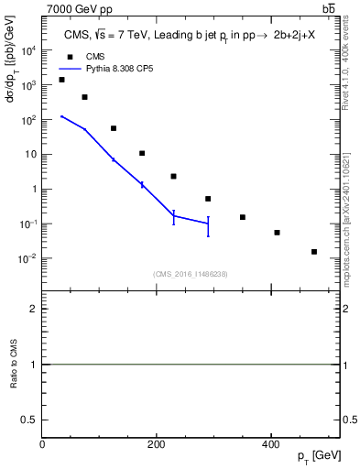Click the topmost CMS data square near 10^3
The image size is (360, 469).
(x=61, y=80)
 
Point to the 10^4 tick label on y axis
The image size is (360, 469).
(x=28, y=50)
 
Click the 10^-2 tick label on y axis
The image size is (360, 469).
(x=28, y=258)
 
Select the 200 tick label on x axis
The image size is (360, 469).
(x=156, y=444)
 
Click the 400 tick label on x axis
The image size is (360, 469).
(x=269, y=444)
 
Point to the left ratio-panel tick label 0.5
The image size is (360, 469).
(x=30, y=420)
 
